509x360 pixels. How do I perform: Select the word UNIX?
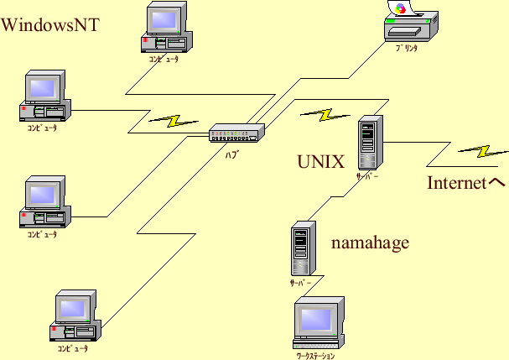tap(320, 162)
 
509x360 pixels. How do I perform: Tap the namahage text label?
tap(370, 243)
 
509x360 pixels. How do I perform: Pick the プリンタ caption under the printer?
tap(407, 49)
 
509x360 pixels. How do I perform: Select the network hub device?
tap(236, 133)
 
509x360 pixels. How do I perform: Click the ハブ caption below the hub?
tap(231, 154)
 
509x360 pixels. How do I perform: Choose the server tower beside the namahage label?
tap(303, 249)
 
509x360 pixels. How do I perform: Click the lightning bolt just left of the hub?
tap(174, 120)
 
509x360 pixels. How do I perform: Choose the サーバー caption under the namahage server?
tap(300, 283)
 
